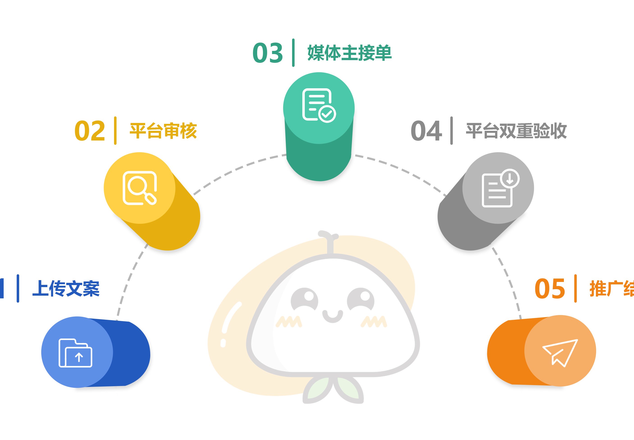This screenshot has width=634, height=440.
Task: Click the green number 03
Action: click(x=268, y=53)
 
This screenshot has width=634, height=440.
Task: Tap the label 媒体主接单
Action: click(x=349, y=53)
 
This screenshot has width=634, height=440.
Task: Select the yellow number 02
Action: click(x=90, y=131)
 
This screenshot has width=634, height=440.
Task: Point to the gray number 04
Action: click(x=426, y=131)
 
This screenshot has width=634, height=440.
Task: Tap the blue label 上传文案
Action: click(x=66, y=289)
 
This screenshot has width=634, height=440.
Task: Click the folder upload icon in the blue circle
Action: click(x=75, y=353)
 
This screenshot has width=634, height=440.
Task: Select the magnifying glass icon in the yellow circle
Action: click(x=140, y=188)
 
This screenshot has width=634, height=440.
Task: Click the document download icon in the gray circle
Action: click(x=500, y=188)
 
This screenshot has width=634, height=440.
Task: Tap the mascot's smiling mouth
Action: click(x=332, y=317)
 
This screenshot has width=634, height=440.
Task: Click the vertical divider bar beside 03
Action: click(x=293, y=53)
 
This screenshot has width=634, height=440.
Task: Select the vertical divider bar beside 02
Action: click(x=115, y=131)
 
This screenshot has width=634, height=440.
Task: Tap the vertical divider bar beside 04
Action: click(x=451, y=131)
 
